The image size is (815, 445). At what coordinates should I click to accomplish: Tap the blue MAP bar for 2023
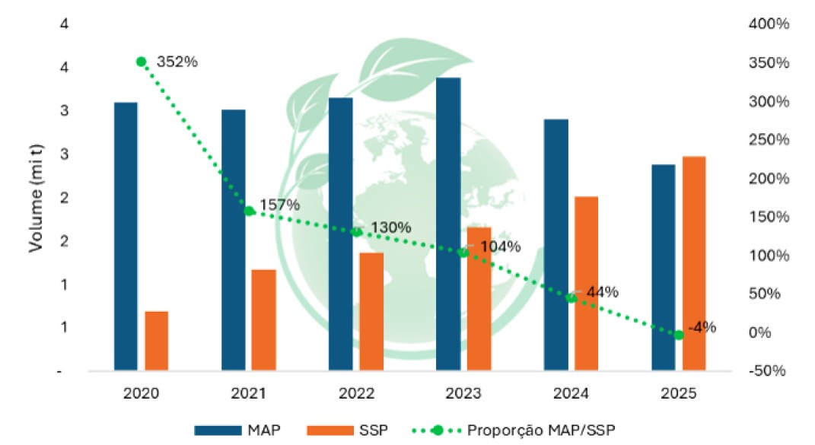[448, 224]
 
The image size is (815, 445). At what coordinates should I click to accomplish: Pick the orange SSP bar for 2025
[694, 263]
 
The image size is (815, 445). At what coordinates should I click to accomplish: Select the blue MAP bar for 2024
[556, 245]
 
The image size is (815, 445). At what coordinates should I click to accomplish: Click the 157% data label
[279, 205]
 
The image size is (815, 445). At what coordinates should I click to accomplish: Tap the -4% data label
[702, 328]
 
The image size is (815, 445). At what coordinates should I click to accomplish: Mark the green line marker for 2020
[141, 62]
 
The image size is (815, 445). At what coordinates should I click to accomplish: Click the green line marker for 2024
[571, 298]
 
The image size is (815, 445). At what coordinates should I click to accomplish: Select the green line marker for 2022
[356, 232]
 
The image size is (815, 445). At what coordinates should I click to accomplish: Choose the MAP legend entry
[237, 430]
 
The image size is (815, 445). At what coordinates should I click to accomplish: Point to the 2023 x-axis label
[463, 394]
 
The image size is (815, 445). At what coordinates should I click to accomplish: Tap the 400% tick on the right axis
[768, 24]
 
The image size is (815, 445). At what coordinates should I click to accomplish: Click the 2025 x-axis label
[678, 394]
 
